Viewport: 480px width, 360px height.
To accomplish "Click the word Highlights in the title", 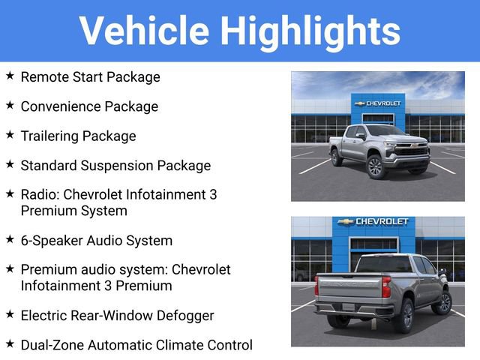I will [x=310, y=31].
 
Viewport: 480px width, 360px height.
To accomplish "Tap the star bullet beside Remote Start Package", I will [x=10, y=76].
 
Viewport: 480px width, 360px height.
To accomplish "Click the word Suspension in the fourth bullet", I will [x=115, y=165].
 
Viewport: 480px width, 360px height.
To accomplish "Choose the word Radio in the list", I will [x=38, y=194].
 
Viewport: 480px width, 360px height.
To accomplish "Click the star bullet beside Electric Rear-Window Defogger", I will [x=10, y=314].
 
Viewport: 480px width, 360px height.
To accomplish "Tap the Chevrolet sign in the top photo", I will [x=378, y=103].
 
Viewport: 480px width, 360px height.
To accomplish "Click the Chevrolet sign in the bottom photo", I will [x=373, y=222].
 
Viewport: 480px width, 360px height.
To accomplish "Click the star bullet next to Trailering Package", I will [x=10, y=135].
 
